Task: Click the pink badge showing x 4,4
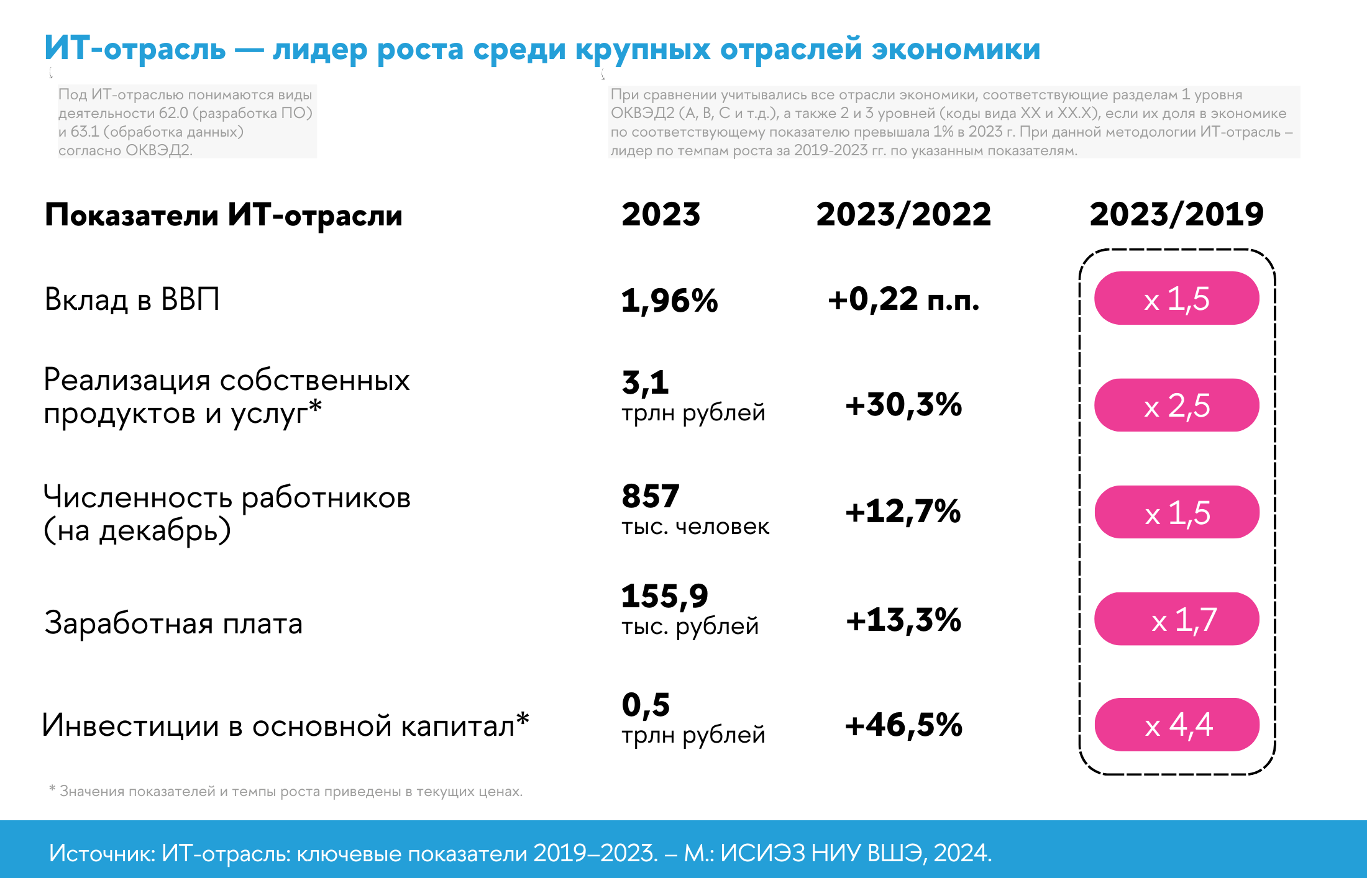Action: [x=1177, y=725]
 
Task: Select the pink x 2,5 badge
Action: [x=1177, y=405]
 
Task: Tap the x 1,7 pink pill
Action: [x=1177, y=619]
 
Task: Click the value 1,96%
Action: [x=669, y=301]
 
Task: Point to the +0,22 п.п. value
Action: [x=903, y=299]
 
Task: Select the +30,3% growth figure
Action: [x=903, y=405]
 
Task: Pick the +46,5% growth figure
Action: [x=903, y=725]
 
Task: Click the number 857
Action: [x=651, y=496]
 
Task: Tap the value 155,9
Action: [x=664, y=596]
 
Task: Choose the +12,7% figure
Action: [x=903, y=512]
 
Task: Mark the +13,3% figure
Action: [x=903, y=620]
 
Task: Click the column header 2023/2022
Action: [x=903, y=214]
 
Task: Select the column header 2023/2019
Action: [x=1176, y=214]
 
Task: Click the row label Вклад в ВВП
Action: [x=132, y=299]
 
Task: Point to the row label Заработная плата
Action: [x=173, y=623]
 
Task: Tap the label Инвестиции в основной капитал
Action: [x=285, y=725]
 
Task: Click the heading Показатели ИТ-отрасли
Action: [x=224, y=215]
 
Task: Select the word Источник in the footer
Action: [x=101, y=853]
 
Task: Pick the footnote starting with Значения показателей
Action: [x=291, y=792]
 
